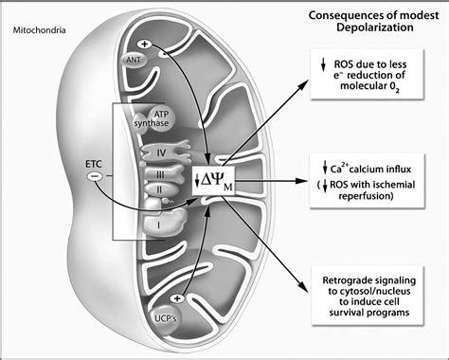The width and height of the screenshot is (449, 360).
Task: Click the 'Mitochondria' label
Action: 41,29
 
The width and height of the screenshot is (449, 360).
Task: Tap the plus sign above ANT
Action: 144,45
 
